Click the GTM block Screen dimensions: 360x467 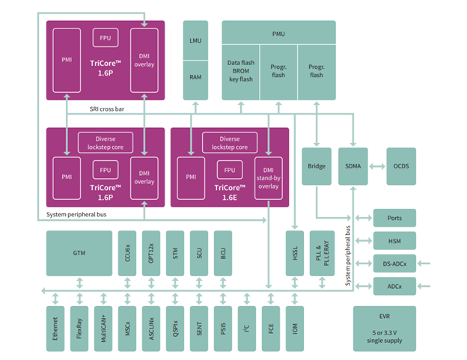tap(79, 253)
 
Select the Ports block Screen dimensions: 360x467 tap(394, 219)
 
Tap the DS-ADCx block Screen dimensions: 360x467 tap(394, 263)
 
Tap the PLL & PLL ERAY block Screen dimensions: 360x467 tap(322, 253)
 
